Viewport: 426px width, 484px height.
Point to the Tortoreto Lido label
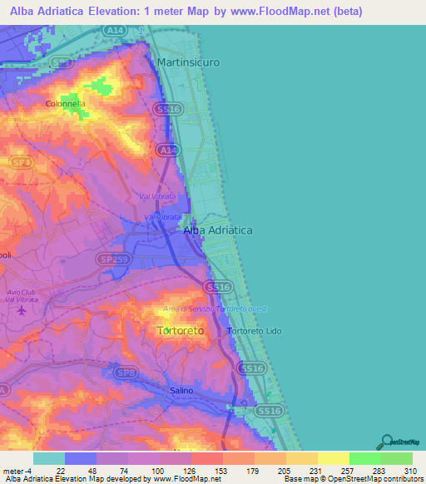tap(255, 331)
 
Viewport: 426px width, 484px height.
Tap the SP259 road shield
tap(109, 259)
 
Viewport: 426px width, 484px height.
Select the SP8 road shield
tap(127, 373)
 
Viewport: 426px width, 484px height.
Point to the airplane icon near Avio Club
tap(21, 311)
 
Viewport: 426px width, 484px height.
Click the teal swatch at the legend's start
tap(49, 458)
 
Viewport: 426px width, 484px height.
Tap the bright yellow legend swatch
tap(334, 458)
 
